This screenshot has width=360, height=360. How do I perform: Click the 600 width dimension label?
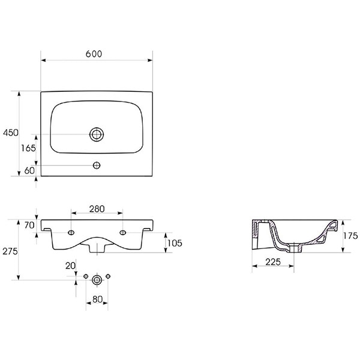(94, 54)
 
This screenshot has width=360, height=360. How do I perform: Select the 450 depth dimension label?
(11, 133)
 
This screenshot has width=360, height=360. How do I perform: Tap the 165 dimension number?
(28, 148)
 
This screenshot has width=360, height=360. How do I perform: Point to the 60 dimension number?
(29, 170)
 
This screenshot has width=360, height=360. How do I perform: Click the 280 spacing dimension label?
(97, 209)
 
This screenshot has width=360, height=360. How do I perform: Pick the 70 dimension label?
(29, 225)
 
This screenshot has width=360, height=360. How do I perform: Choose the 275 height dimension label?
(10, 251)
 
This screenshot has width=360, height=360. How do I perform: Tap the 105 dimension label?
(175, 243)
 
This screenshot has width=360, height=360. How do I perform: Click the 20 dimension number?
(70, 266)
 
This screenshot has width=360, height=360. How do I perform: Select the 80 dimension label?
(97, 299)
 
